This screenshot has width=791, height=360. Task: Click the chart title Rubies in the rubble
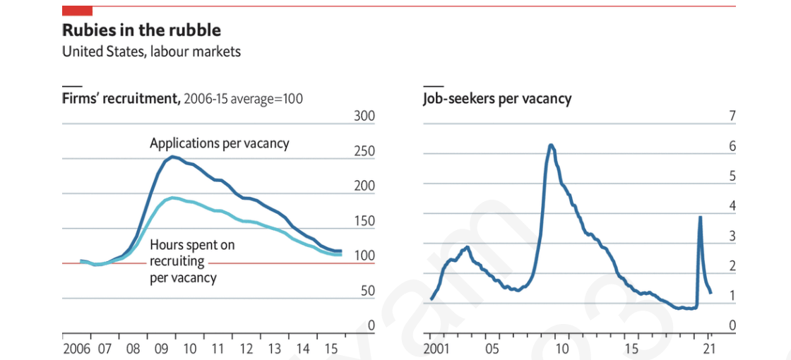tap(141, 30)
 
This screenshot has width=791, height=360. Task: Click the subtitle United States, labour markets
tap(151, 52)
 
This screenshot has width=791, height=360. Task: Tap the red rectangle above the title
tap(78, 10)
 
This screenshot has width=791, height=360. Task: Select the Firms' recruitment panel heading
tap(121, 98)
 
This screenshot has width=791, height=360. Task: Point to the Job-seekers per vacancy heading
tap(496, 98)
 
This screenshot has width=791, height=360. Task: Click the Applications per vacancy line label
tap(219, 143)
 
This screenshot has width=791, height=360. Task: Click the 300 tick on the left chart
tap(364, 116)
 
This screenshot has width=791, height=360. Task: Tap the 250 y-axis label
tap(364, 151)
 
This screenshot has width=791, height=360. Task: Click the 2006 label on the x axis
tap(76, 348)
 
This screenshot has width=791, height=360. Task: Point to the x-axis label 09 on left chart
tap(162, 348)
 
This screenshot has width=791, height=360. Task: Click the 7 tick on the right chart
tap(732, 116)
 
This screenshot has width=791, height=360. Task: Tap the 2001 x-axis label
tap(436, 348)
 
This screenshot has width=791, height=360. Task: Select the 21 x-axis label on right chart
tap(710, 348)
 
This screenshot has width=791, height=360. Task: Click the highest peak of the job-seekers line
tap(551, 145)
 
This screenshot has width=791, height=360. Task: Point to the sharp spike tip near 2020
tap(700, 217)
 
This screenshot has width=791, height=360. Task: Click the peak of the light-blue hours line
tap(174, 198)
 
